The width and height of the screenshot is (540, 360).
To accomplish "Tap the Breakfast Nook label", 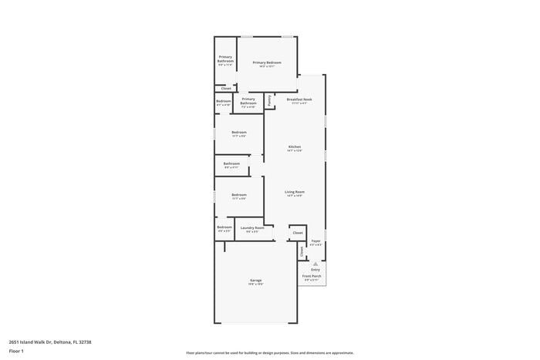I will coord(299,99).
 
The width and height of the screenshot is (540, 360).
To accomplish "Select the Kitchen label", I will coord(295,146).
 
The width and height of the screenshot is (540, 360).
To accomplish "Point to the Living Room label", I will coord(295,192).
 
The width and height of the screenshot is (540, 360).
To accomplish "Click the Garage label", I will coord(255,280).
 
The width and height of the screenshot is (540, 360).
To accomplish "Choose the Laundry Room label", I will coord(252,227).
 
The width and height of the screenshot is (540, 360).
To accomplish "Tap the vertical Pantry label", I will coord(268,100).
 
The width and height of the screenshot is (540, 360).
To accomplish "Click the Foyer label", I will coord(316,241).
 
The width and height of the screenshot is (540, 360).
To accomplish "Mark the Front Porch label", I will coord(312,276).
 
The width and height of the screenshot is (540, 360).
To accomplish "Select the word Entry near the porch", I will coord(316,269).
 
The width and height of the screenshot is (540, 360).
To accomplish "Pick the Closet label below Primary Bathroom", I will coord(226,89).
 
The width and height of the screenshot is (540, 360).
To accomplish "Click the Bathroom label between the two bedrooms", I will coord(231,163).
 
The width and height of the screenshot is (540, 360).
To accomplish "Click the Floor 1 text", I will coord(17,352).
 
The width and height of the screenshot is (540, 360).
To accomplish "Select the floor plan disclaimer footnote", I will coord(269,352).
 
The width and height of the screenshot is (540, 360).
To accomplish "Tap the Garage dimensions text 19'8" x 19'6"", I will coord(255,284).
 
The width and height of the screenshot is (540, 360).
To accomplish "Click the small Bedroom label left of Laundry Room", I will coord(224,227).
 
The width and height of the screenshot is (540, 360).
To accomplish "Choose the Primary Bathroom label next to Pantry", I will coord(248,101).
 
